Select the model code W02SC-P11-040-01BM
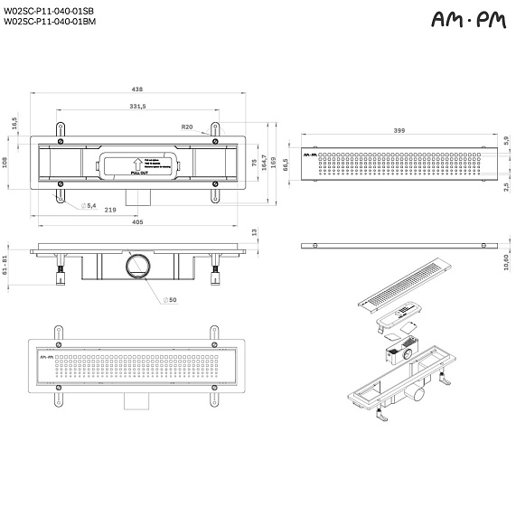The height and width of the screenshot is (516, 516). pos(50,21)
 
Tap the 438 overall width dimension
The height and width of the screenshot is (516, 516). pos(137,89)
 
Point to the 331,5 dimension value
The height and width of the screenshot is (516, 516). pos(138,107)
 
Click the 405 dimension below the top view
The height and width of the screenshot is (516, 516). pos(137,220)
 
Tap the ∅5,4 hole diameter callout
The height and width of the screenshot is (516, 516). pos(89,206)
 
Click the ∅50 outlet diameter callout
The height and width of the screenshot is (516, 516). pos(169,300)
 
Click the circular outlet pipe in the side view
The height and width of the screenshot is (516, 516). pos(139,267)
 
